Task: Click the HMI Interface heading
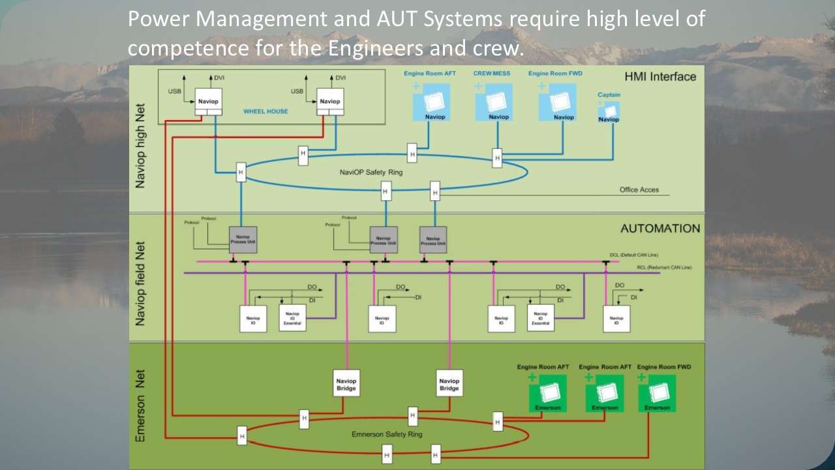[x=660, y=76]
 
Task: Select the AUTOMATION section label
[x=660, y=228]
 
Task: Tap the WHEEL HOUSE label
[x=266, y=112]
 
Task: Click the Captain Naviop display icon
[x=609, y=112]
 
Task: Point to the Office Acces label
[x=639, y=190]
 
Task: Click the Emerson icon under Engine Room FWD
[x=657, y=394]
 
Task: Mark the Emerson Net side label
[x=140, y=406]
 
